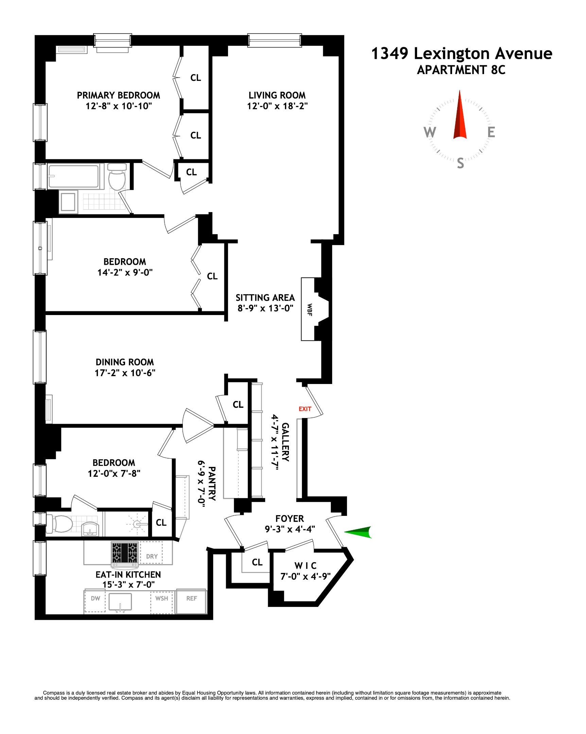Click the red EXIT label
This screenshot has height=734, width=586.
pos(305,409)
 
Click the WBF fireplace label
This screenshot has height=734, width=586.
pos(310,310)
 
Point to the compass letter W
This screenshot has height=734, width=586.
pos(430,132)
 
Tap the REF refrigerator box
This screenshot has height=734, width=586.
pos(191,598)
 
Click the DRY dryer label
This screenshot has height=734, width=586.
pos(152,556)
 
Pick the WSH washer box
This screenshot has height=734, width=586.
pos(161,598)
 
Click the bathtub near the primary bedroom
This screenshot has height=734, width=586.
pos(74,176)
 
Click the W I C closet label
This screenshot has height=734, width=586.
pos(305,566)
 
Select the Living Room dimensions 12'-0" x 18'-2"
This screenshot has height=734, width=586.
pos(277,106)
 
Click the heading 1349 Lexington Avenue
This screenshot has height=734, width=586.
pos(461,53)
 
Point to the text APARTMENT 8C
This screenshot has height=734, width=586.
pos(461,70)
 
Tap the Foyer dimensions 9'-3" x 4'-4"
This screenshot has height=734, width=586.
pos(290,529)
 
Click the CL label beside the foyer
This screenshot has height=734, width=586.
pos(257,562)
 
